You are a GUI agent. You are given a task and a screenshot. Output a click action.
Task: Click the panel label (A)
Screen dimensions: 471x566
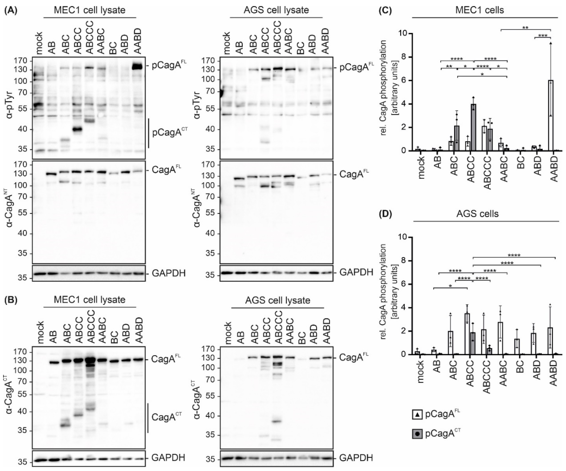pos(10,10)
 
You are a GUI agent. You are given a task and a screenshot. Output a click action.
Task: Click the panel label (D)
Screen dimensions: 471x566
pos(385,214)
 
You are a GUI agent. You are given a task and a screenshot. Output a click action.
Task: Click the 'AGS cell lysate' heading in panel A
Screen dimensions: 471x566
pos(276,10)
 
